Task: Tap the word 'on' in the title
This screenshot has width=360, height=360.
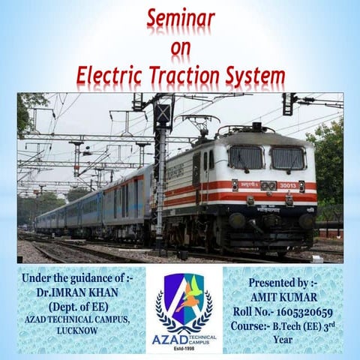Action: coord(180,48)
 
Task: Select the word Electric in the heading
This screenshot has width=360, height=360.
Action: coord(115,76)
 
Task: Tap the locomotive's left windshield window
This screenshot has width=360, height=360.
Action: coord(245,157)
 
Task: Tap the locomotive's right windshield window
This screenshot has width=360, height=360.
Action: coord(288,157)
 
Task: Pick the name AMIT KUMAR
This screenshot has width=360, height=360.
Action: coord(283,296)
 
